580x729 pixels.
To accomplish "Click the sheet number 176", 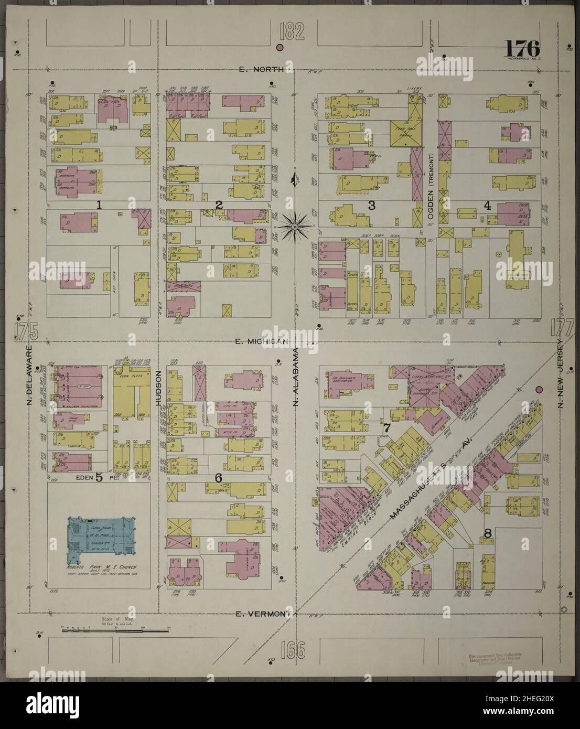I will [x=522, y=49].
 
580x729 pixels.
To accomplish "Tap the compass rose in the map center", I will [x=295, y=226].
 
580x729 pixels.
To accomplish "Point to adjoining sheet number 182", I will [x=292, y=33].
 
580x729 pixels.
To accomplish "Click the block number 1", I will [x=98, y=205].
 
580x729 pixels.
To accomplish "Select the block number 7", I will [x=386, y=428].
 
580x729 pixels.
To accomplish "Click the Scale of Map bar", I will [x=115, y=630].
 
